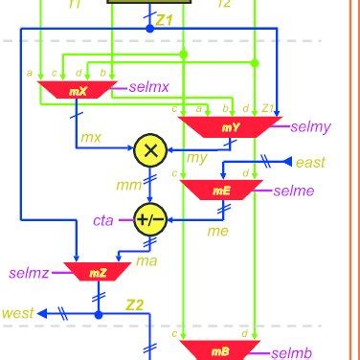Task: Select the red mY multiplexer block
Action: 231,126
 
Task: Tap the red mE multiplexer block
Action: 222,191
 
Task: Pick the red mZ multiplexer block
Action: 98,273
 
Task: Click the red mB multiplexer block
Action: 219,351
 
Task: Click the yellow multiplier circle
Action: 149,148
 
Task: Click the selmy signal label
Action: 310,126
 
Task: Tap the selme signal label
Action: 293,191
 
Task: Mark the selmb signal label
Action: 292,352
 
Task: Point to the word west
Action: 17,312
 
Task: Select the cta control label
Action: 103,220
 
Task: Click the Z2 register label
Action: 135,305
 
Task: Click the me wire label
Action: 217,230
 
